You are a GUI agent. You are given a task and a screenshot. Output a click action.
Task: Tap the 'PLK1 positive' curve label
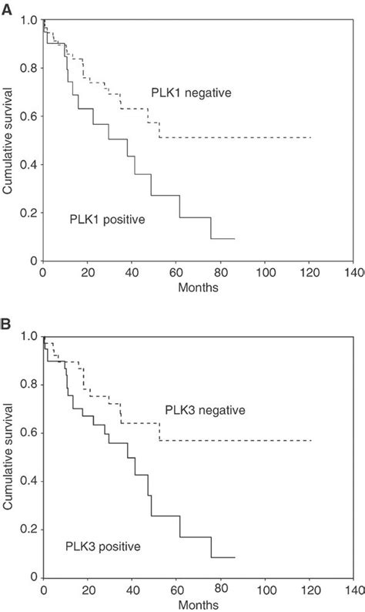pos(112,219)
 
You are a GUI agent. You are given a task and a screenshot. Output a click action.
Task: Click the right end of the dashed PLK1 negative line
pos(310,137)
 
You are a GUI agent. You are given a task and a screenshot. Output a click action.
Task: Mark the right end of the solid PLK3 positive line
pos(234,557)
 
